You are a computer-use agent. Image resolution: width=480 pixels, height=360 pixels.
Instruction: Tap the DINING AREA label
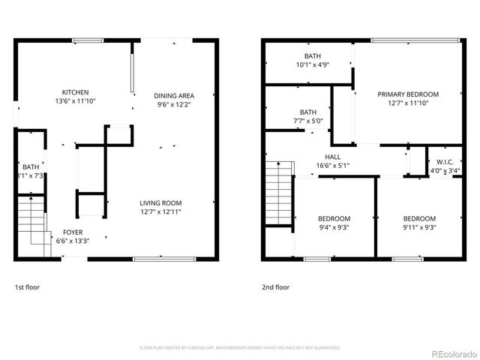click(x=174, y=95)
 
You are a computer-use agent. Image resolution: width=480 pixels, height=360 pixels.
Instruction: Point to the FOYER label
click(x=73, y=232)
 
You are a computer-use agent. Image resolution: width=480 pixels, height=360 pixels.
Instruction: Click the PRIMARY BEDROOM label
click(x=408, y=94)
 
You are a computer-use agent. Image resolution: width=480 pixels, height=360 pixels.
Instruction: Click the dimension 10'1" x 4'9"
click(x=313, y=65)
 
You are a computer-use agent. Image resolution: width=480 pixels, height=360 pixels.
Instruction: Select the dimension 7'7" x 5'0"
click(x=307, y=121)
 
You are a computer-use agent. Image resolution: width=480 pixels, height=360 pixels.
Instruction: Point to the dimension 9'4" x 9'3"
click(x=334, y=227)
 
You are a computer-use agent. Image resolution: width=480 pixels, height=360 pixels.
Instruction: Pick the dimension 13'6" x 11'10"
click(x=75, y=101)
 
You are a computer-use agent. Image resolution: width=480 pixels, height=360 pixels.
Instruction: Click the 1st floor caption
click(x=27, y=287)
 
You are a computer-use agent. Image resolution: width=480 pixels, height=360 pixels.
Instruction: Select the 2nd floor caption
click(x=275, y=287)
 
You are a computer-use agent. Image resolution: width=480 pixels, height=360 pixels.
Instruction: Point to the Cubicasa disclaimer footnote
click(x=240, y=348)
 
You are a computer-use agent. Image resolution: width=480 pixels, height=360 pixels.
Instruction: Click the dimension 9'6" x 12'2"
click(x=174, y=104)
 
